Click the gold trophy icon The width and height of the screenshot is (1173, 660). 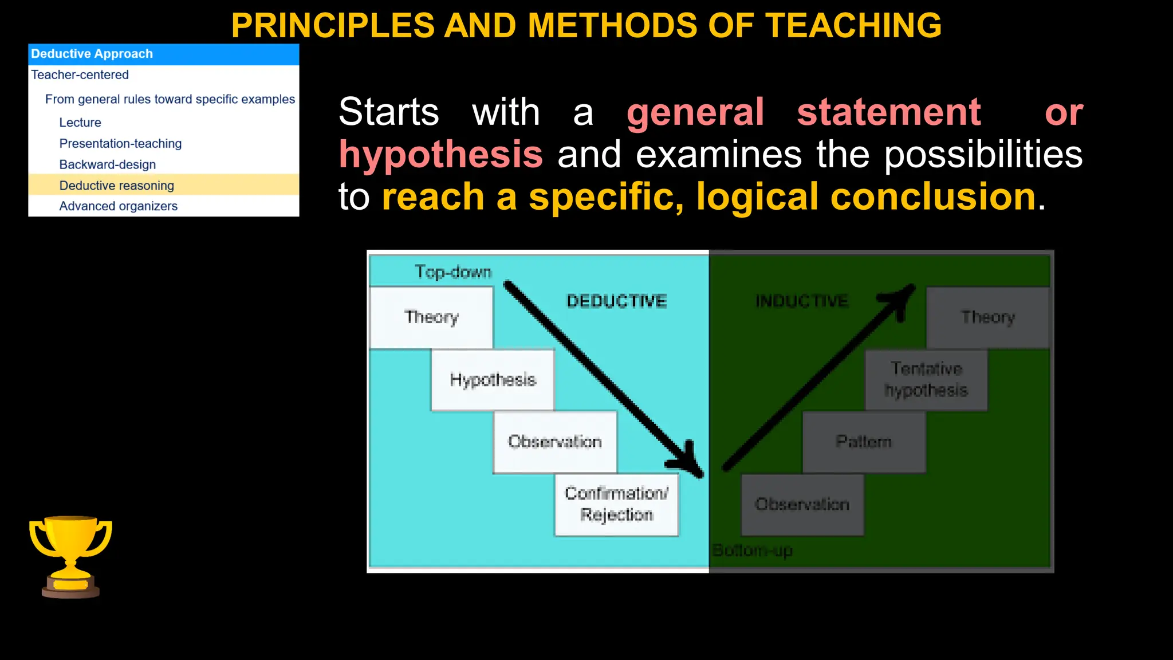[70, 556]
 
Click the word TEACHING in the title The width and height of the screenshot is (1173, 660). [853, 26]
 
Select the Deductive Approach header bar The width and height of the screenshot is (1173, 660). [163, 54]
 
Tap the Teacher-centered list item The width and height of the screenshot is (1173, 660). [80, 75]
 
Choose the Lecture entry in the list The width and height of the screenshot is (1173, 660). [80, 123]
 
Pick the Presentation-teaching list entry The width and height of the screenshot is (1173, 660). [120, 144]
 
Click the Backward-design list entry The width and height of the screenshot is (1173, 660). [108, 165]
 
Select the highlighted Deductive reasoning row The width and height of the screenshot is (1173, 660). [163, 186]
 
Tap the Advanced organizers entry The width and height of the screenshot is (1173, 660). [119, 206]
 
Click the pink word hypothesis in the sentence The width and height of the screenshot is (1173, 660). [440, 155]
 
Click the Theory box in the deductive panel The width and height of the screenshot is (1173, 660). [431, 317]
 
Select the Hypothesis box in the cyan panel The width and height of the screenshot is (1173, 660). [493, 380]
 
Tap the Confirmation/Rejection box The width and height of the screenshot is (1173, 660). [616, 505]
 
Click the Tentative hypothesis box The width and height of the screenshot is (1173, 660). [926, 380]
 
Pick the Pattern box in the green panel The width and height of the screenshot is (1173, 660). [864, 442]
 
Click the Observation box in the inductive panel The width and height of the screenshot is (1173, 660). [802, 505]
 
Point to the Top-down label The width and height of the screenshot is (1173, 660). [453, 272]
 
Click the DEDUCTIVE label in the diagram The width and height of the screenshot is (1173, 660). [616, 301]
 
